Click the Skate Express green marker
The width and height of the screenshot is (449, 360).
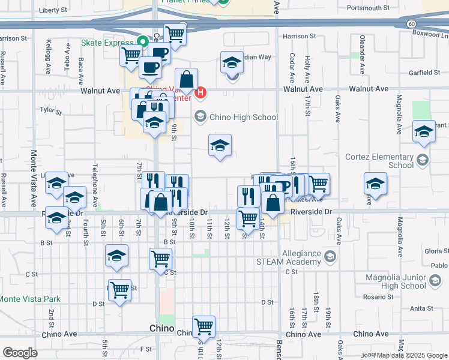click(143, 42)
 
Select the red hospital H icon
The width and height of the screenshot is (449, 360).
click(201, 93)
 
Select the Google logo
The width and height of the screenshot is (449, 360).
click(20, 352)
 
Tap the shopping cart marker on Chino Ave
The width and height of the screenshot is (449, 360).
click(203, 326)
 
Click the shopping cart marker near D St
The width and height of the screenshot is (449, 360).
click(120, 290)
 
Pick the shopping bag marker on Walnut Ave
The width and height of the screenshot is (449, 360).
click(187, 79)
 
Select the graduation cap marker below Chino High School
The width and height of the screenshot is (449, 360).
click(220, 145)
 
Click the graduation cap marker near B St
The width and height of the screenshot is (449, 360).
click(116, 256)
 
